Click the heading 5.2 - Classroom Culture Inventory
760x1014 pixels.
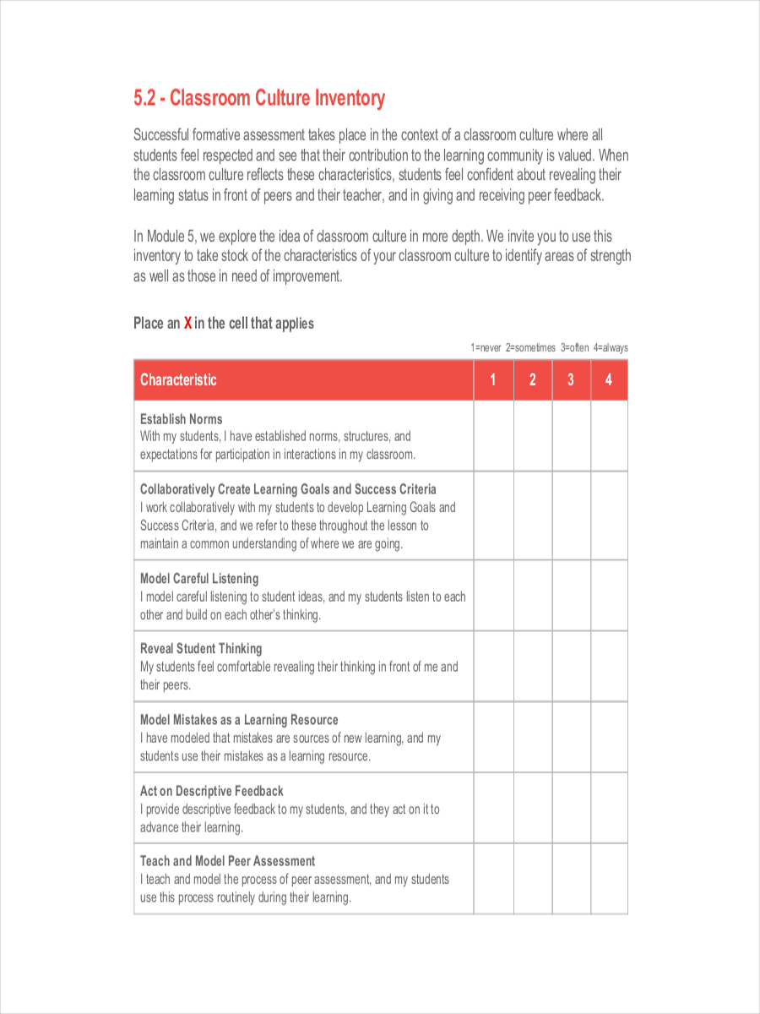(258, 99)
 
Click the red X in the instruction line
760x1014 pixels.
(187, 323)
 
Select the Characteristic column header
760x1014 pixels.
(178, 380)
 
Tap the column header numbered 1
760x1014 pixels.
(493, 380)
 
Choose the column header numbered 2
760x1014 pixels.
(533, 380)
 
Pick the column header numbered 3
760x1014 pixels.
(571, 380)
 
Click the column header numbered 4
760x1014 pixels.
(609, 380)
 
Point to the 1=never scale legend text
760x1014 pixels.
(486, 347)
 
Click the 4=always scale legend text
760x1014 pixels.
(611, 347)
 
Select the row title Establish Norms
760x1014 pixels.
(182, 419)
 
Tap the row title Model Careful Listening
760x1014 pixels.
(199, 579)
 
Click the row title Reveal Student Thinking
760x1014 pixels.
(201, 649)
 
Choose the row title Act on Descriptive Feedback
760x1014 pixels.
(212, 791)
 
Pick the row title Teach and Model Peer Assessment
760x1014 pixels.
(227, 861)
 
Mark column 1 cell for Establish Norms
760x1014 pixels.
(493, 436)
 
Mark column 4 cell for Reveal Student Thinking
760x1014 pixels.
(609, 667)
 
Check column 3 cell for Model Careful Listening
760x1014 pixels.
(571, 596)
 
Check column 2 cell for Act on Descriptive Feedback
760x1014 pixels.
(533, 808)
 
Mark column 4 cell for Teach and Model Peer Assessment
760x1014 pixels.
(609, 879)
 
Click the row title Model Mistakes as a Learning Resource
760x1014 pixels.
(239, 720)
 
